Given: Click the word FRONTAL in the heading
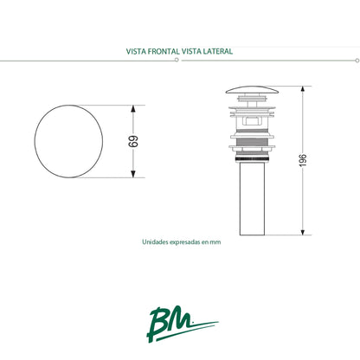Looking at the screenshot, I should [163, 51].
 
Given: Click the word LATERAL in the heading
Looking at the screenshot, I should [217, 51].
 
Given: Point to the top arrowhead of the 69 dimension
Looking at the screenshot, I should [132, 107].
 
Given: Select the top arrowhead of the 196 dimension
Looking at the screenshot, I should [303, 89].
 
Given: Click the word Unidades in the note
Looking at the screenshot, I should [155, 243].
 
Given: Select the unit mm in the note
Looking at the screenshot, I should [216, 243].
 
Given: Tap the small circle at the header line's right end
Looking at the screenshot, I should [357, 61].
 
